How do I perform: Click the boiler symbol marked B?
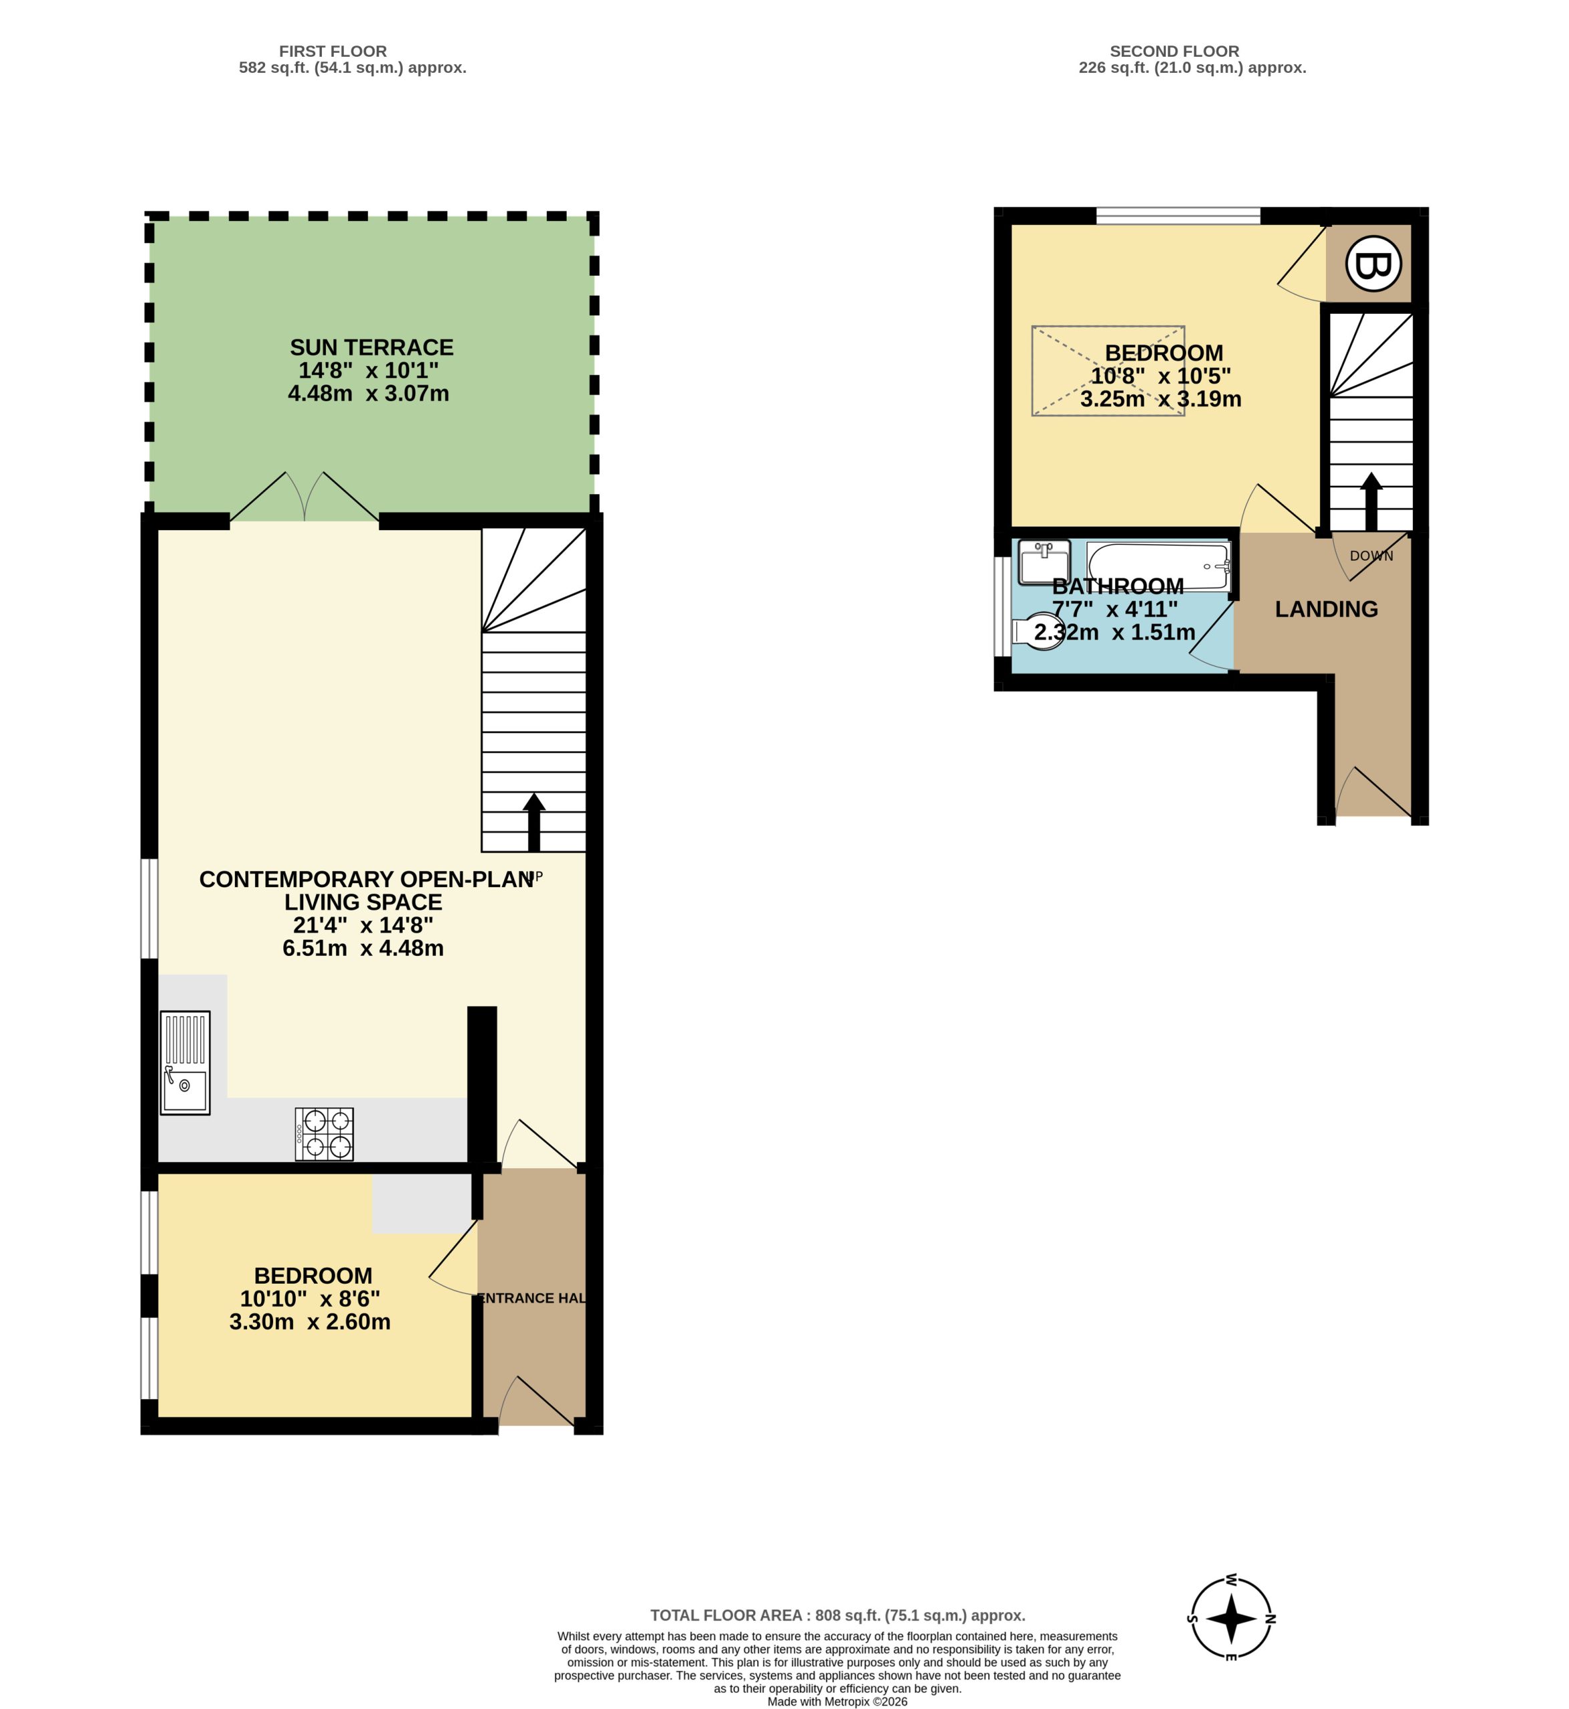(x=1373, y=264)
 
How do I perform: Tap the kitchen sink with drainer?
(x=185, y=1062)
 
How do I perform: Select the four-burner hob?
(x=324, y=1134)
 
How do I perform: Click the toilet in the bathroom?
(x=1038, y=632)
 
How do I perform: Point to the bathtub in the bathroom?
(x=1158, y=566)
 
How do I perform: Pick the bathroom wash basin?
(x=1044, y=562)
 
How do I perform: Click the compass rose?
(x=1231, y=1618)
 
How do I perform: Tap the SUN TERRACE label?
(x=372, y=347)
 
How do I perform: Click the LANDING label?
(x=1326, y=609)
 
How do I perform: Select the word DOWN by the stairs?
(x=1371, y=556)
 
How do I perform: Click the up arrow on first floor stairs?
(x=533, y=822)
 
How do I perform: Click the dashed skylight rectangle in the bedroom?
(x=1108, y=371)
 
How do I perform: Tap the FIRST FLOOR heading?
(x=332, y=51)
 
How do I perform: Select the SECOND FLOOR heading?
(x=1174, y=51)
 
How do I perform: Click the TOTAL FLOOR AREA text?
(x=837, y=1616)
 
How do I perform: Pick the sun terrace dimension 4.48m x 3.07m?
(x=369, y=393)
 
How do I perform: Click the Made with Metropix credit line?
(x=837, y=1702)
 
